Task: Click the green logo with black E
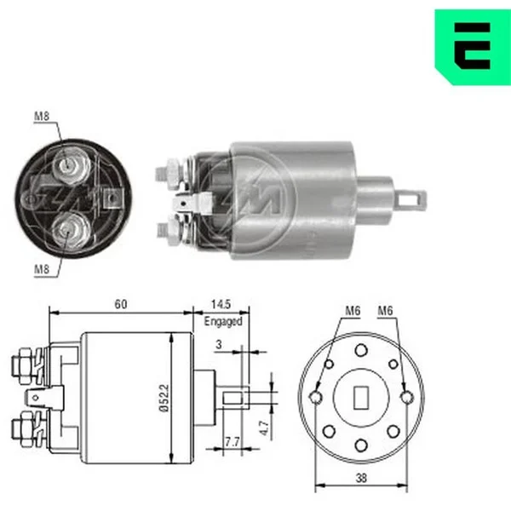tap(474, 47)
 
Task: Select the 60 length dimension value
tap(121, 304)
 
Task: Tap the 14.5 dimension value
tap(221, 304)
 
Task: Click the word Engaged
tap(223, 321)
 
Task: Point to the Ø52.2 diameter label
tap(165, 398)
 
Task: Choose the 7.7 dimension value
tap(232, 442)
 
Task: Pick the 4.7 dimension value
tap(264, 428)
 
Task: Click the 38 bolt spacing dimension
tap(361, 478)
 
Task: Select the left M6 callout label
tap(353, 311)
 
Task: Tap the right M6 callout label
tap(385, 311)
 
